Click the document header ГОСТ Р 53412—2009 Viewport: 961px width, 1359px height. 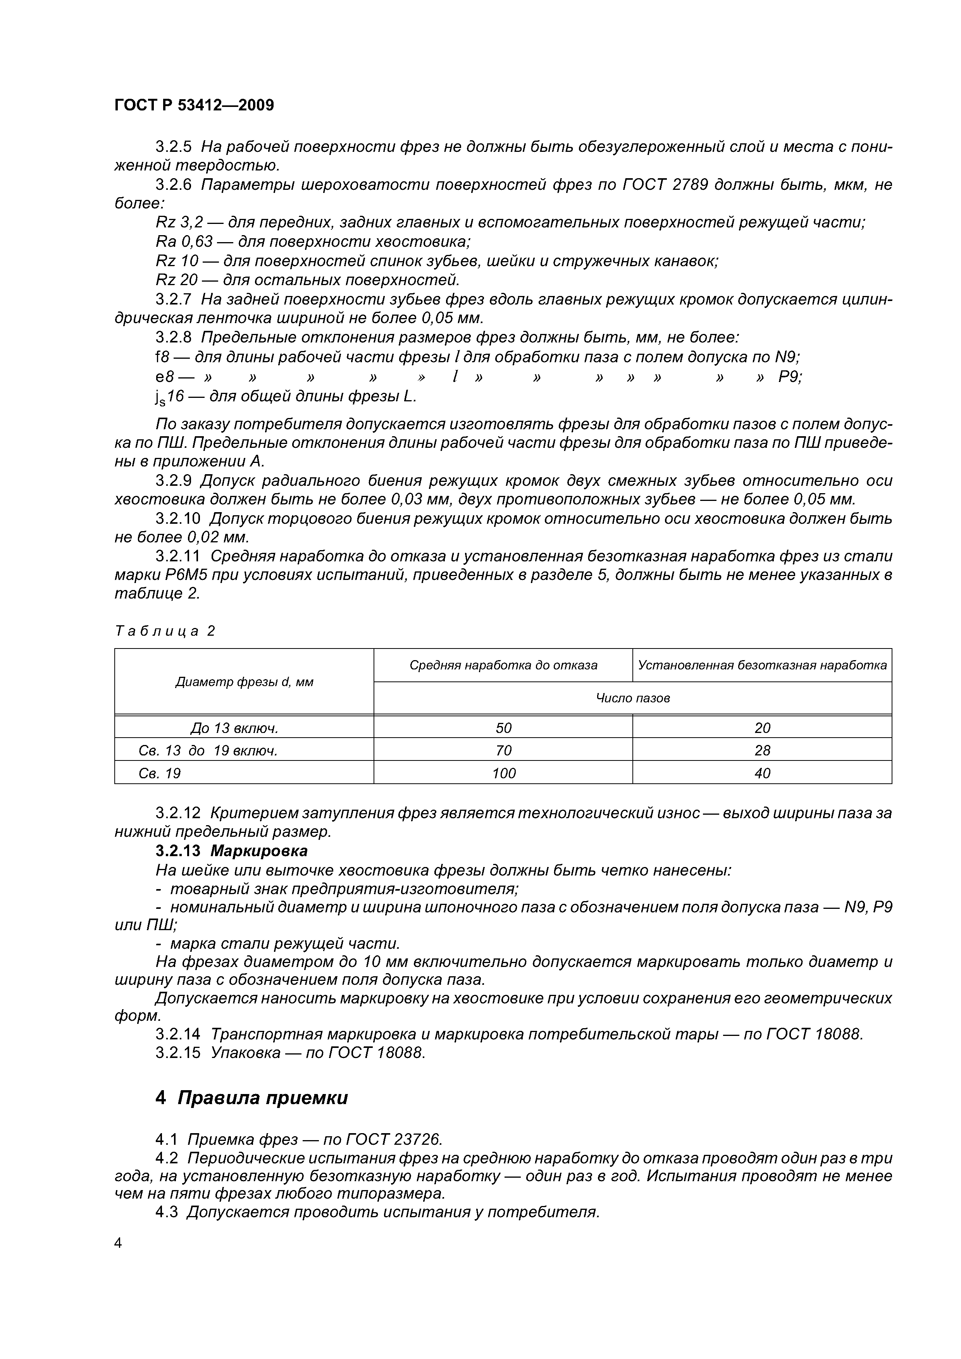tap(194, 105)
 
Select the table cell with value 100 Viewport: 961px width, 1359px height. tap(503, 773)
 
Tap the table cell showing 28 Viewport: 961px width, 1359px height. tap(762, 750)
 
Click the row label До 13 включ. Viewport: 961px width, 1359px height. tap(234, 728)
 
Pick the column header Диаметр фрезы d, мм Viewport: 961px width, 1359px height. tap(244, 682)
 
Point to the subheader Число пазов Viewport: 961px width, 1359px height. tap(632, 698)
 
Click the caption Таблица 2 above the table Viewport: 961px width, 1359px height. tap(165, 631)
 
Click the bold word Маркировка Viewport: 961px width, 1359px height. tap(259, 851)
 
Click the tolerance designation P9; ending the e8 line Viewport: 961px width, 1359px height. tap(790, 377)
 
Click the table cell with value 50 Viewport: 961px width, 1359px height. tap(503, 728)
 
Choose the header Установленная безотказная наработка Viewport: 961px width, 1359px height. tap(762, 665)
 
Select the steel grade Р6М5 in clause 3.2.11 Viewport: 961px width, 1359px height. tap(143, 575)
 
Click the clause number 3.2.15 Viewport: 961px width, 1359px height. tap(177, 1053)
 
